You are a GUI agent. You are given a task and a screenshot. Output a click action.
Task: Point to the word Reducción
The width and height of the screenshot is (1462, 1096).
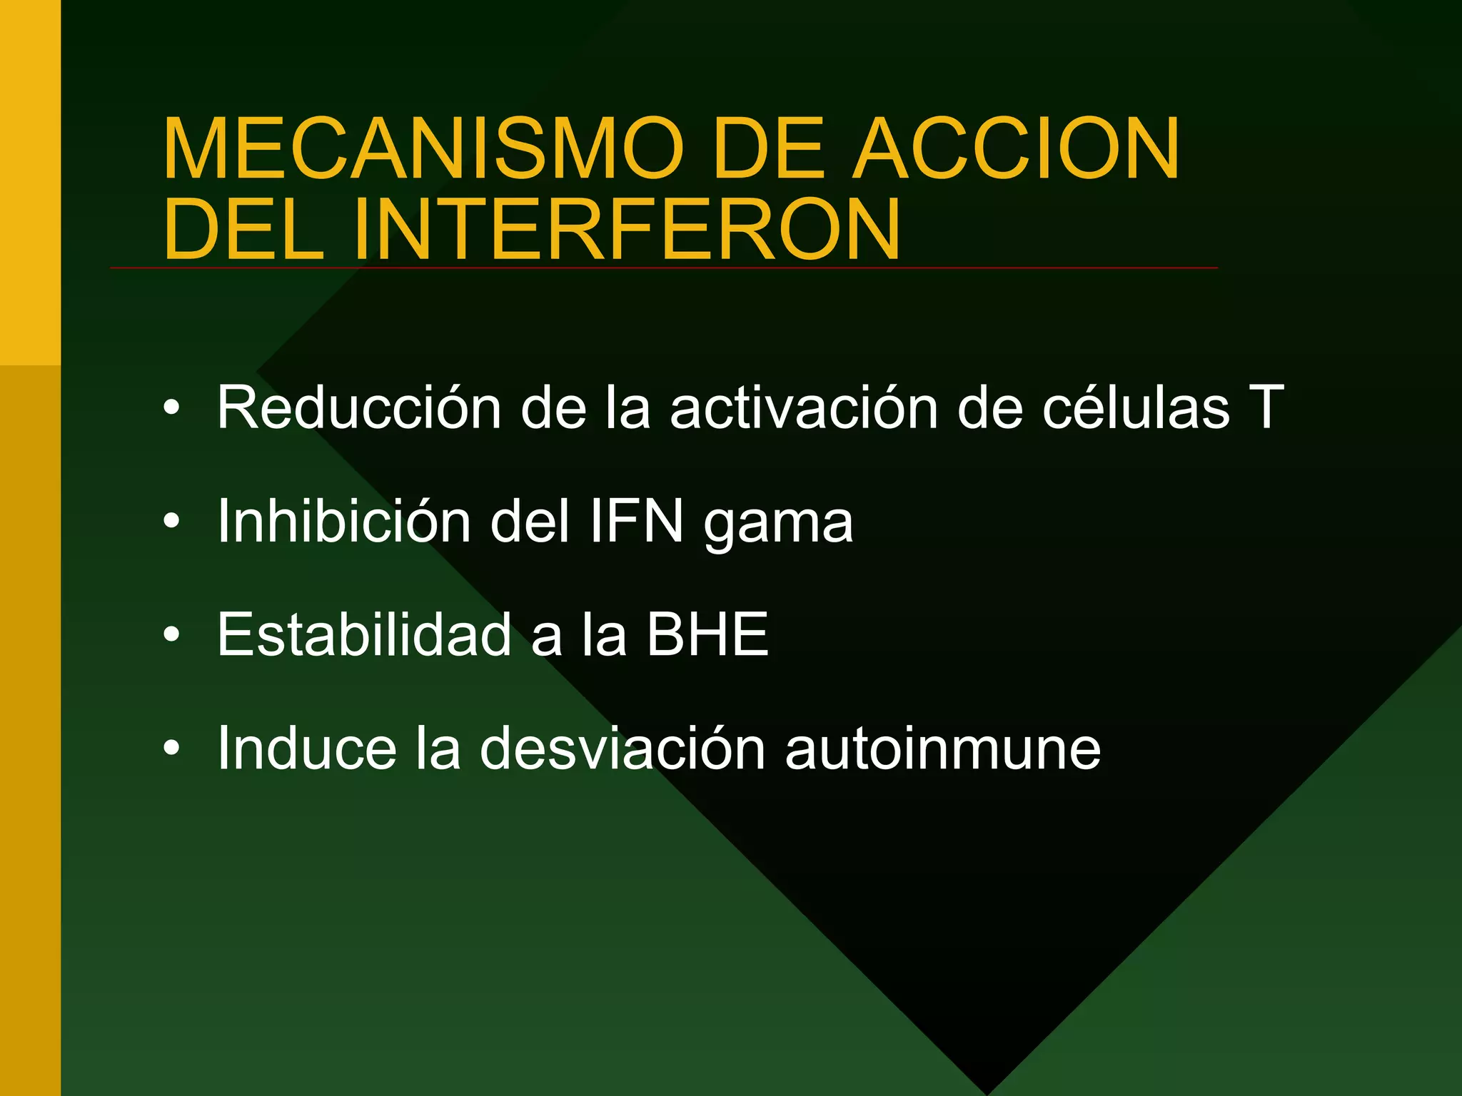tap(359, 407)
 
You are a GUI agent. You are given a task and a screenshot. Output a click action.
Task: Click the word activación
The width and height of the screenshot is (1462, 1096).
tap(804, 407)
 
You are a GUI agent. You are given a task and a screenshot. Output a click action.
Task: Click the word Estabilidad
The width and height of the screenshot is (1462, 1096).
tap(364, 634)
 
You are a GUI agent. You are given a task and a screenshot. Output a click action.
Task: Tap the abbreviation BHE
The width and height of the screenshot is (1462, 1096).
tap(707, 634)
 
